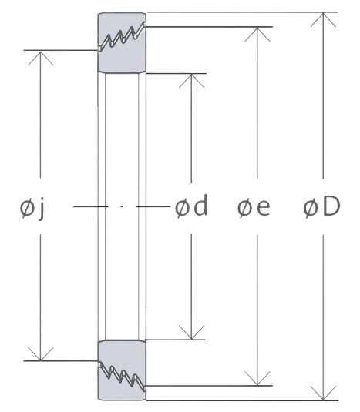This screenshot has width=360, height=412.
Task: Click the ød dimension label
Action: [x=191, y=206]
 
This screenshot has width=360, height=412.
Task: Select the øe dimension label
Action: [x=254, y=209]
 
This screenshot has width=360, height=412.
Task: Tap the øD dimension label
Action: [x=321, y=207]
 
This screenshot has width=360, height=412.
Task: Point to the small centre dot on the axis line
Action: [x=122, y=207]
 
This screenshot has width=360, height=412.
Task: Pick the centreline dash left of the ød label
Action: [x=153, y=207]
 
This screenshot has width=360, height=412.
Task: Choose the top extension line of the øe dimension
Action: [x=209, y=26]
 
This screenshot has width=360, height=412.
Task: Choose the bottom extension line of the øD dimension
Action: [x=242, y=400]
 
